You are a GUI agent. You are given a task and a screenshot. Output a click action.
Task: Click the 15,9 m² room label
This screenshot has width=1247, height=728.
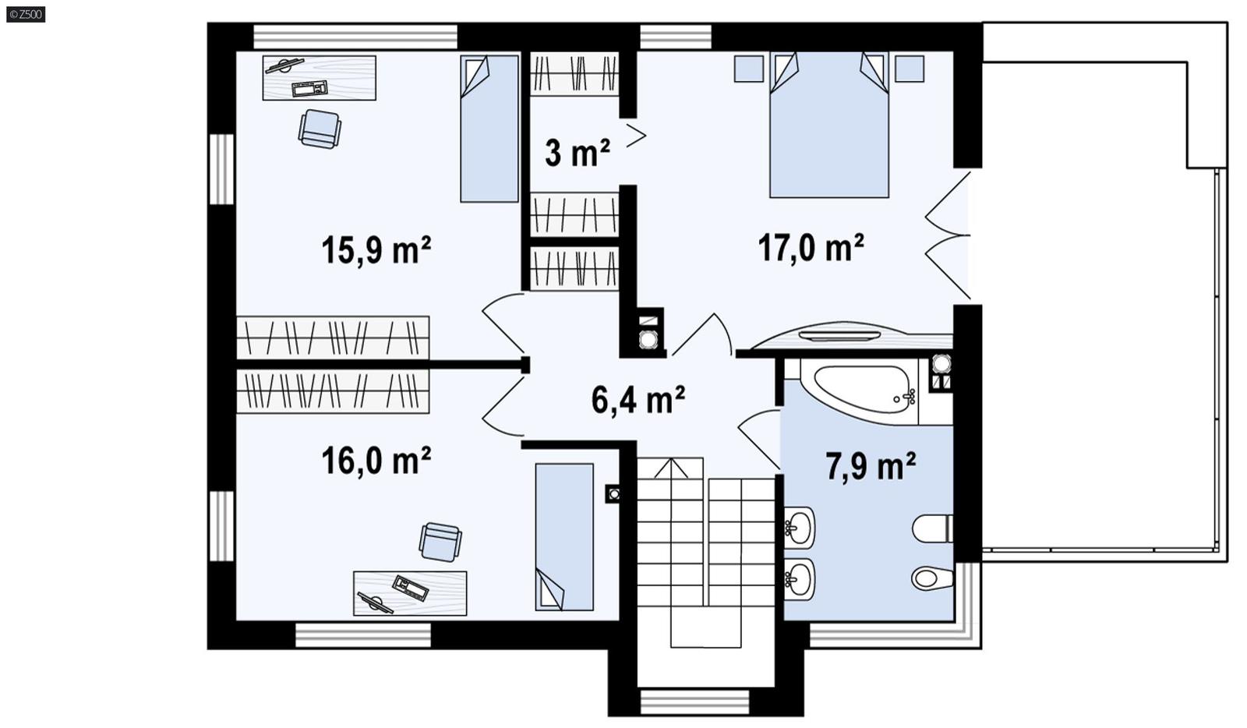376,250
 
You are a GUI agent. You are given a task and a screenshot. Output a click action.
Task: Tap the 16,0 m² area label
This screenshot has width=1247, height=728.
376,461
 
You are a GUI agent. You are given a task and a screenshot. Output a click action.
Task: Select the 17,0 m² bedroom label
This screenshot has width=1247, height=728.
811,248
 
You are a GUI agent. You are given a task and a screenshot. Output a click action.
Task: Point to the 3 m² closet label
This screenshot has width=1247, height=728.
577,153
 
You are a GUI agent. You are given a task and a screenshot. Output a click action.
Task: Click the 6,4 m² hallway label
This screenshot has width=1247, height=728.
638,400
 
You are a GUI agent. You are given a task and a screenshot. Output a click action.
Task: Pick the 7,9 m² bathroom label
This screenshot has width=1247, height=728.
870,466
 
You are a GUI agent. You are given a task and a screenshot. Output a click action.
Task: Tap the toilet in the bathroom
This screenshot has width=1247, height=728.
932,528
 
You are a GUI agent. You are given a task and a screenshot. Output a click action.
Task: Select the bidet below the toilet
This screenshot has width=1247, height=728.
932,578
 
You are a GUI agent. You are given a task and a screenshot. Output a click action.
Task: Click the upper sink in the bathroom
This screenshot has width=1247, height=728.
798,528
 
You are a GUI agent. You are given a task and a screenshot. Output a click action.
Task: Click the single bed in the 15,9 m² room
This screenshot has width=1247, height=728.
489,129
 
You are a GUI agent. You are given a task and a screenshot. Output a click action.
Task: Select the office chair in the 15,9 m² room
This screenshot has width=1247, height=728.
320,129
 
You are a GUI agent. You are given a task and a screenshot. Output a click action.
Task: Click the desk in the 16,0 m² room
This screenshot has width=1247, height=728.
410,593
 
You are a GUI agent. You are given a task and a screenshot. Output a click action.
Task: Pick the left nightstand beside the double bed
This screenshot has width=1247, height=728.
749,69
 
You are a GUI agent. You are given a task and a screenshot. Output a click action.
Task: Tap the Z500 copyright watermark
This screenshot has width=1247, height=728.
26,13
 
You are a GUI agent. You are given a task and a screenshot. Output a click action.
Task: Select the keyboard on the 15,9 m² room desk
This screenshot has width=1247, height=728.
309,88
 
